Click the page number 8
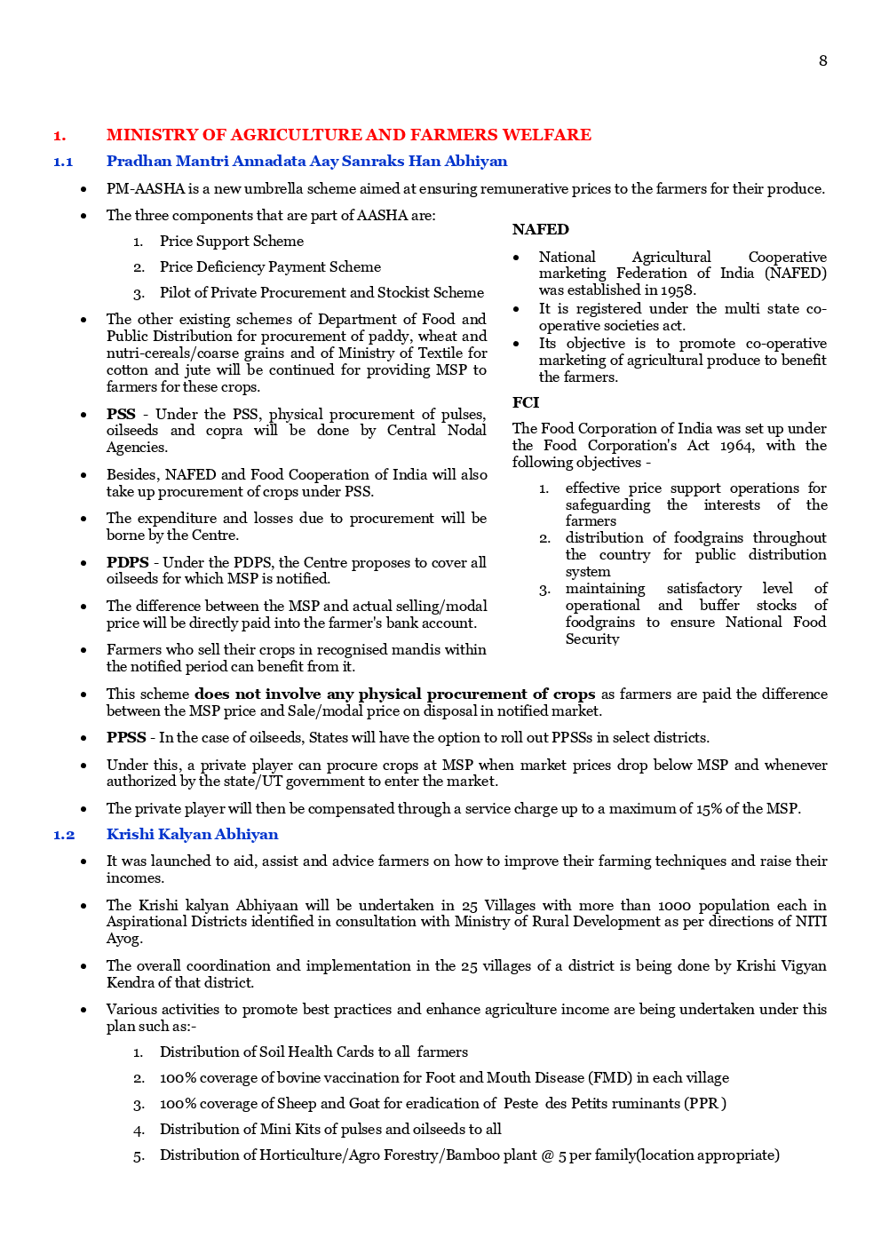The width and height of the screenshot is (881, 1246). click(x=822, y=60)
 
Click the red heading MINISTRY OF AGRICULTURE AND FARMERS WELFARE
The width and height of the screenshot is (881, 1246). click(x=348, y=135)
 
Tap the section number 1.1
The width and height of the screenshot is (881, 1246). click(x=63, y=162)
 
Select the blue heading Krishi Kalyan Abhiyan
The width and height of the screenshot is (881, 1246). click(x=192, y=835)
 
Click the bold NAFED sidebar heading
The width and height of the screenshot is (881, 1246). click(x=540, y=229)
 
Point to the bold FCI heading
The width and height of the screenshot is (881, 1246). click(x=525, y=402)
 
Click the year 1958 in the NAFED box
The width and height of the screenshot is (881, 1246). click(x=678, y=290)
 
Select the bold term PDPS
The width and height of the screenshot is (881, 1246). click(x=127, y=562)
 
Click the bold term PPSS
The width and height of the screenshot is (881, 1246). click(x=126, y=738)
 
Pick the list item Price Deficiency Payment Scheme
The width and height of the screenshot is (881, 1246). click(x=270, y=267)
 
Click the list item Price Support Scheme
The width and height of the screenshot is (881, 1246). click(x=231, y=242)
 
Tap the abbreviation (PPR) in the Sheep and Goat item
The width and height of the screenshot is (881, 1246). click(x=704, y=1104)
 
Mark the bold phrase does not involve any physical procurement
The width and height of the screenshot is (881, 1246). click(x=361, y=694)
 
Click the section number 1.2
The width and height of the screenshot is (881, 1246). click(x=63, y=835)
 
